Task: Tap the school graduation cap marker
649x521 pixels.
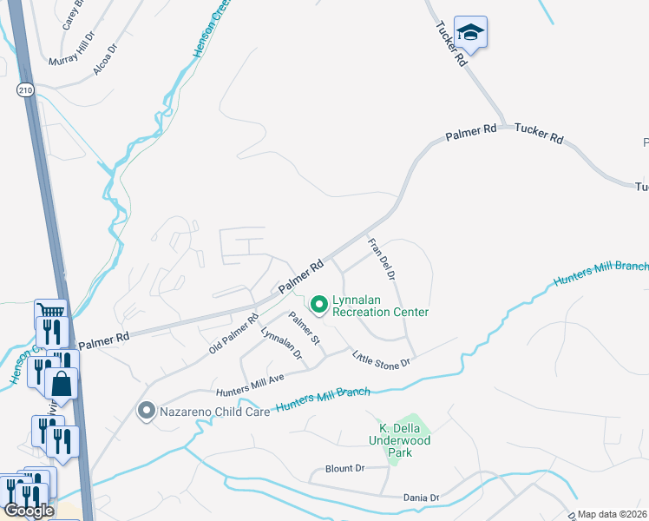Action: pyautogui.click(x=470, y=33)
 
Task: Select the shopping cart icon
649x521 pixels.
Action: pyautogui.click(x=51, y=312)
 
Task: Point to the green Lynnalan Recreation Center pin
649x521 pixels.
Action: pyautogui.click(x=318, y=304)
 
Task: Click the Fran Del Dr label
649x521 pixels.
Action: pyautogui.click(x=382, y=259)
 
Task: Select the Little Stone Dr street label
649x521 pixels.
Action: pyautogui.click(x=381, y=359)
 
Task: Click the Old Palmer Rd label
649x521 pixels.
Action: pyautogui.click(x=234, y=333)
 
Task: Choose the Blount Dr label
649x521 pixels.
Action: pyautogui.click(x=345, y=468)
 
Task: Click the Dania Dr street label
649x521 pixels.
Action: pyautogui.click(x=422, y=498)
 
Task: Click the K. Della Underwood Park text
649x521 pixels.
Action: pyautogui.click(x=405, y=434)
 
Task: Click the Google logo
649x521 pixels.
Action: pyautogui.click(x=29, y=511)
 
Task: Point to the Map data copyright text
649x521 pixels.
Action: pyautogui.click(x=613, y=514)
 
